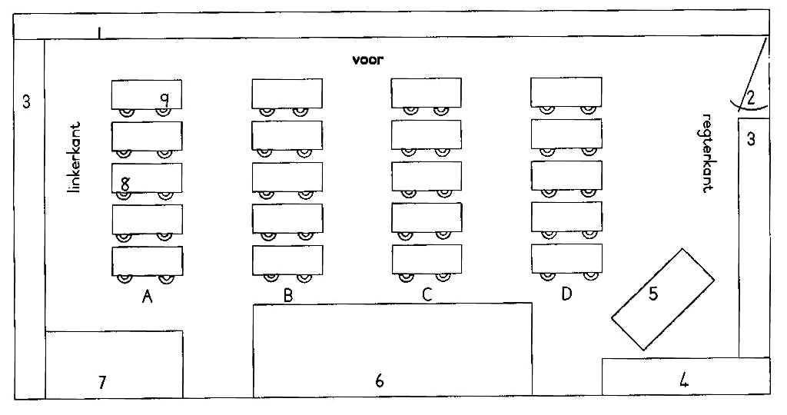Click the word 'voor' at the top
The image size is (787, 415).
coord(368,60)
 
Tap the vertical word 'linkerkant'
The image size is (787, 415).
coord(75,157)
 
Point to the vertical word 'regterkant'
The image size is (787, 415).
coord(707,153)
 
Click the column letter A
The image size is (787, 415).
coord(147,297)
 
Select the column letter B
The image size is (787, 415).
coord(288,295)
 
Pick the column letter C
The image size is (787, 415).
coord(427,294)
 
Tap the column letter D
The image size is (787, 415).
coord(566,294)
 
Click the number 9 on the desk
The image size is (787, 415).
coord(164,99)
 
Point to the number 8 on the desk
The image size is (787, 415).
coord(125,184)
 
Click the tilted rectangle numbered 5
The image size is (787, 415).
coord(662,299)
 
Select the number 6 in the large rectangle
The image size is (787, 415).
coord(380,381)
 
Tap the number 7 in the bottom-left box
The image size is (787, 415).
coord(102,383)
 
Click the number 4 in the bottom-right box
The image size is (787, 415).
coord(683,381)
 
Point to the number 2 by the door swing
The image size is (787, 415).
coord(750,98)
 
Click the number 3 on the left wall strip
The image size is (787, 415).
coord(26,102)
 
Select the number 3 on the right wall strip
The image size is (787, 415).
coord(751,138)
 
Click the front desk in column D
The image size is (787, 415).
coord(566,91)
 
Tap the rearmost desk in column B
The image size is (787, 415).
coord(287,260)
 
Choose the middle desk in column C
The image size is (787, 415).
coord(427,176)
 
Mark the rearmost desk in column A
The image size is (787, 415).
coord(147,261)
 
